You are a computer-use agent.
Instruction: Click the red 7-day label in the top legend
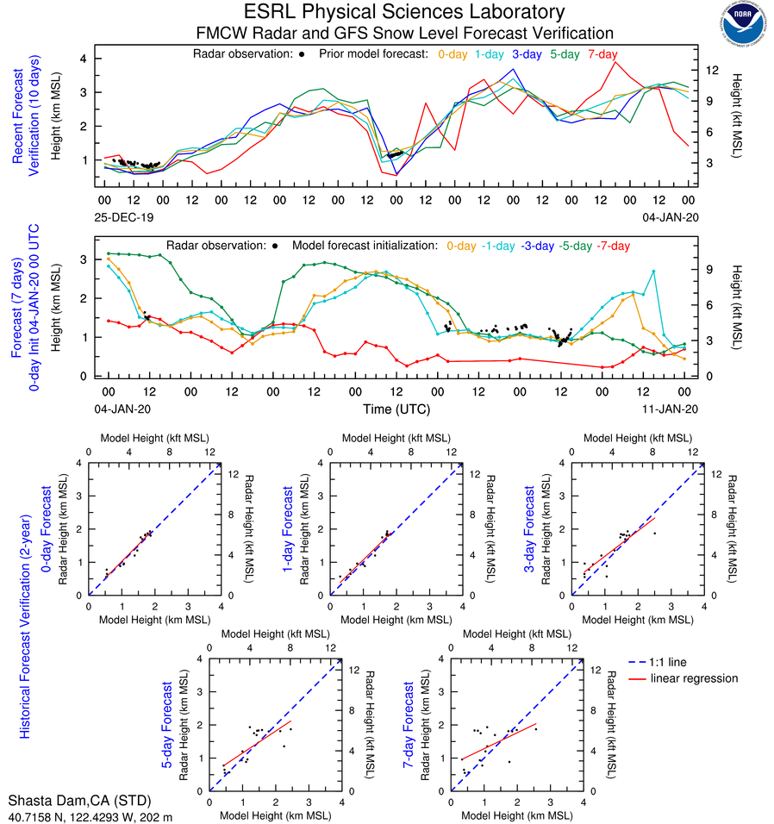pyautogui.click(x=602, y=54)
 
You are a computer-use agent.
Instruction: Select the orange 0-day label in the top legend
pyautogui.click(x=453, y=54)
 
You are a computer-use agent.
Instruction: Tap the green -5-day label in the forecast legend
pyautogui.click(x=574, y=246)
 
